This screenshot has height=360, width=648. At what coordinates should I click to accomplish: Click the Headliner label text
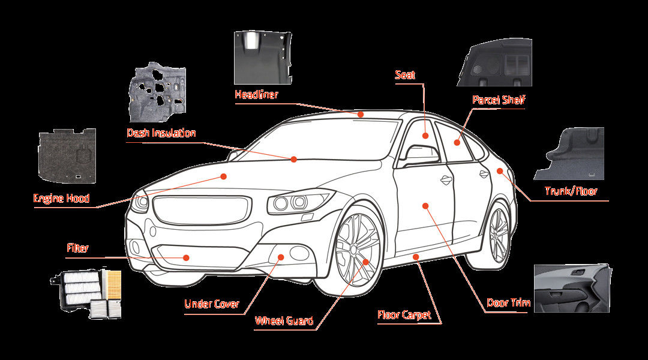point(256,94)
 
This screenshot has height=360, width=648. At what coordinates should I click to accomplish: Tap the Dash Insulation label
point(161,133)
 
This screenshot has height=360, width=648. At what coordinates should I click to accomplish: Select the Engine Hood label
point(61,199)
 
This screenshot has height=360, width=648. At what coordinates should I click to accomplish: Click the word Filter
point(78,247)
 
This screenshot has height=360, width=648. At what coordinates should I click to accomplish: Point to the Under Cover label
point(211,304)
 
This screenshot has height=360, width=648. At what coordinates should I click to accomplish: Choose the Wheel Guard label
point(284,320)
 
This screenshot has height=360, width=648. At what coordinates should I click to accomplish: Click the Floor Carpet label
point(404,314)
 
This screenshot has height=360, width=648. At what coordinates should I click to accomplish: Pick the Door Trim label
point(508,302)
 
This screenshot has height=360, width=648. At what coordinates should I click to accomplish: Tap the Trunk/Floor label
point(571,191)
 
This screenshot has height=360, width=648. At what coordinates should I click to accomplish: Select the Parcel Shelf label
point(499,100)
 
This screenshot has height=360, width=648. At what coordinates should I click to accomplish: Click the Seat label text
point(405,75)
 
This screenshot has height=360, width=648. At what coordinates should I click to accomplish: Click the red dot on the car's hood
point(223,176)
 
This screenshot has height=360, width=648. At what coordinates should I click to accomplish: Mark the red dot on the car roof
point(360,113)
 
